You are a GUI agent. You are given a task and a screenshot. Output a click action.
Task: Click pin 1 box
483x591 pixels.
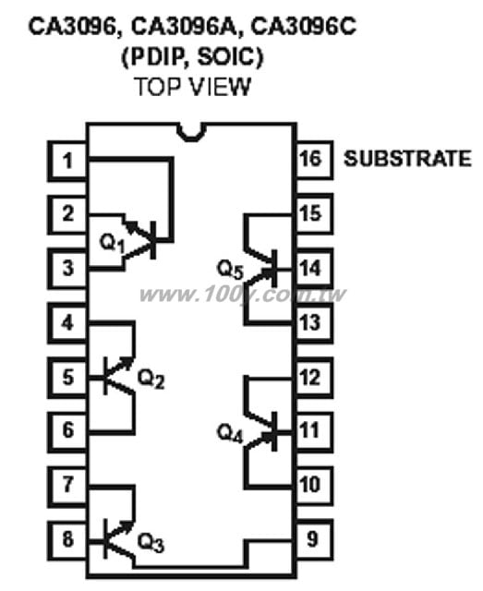point(67,161)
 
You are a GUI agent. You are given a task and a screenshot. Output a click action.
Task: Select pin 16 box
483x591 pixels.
point(314,160)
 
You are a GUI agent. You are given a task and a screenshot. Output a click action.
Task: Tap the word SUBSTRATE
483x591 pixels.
point(407,158)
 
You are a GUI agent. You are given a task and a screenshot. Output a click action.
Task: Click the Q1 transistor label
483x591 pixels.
point(112,243)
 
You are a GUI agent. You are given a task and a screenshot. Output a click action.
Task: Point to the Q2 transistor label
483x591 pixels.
point(151,378)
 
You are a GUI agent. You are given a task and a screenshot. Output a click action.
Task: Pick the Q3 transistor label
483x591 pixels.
point(151,543)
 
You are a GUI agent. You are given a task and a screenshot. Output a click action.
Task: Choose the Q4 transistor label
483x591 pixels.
point(230,433)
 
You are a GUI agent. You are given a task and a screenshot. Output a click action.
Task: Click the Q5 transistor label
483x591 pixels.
point(230,270)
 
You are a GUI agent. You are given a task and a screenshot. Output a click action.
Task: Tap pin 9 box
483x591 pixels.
point(314,539)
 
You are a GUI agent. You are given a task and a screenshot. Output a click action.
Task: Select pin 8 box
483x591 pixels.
point(67,539)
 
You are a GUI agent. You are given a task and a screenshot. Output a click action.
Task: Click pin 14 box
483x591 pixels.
point(314,269)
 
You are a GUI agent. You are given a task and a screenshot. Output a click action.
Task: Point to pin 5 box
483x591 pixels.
point(67,378)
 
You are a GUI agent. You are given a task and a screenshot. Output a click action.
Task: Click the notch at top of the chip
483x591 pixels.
point(192,134)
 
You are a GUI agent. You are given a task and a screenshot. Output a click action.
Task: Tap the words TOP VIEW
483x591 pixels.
point(193,86)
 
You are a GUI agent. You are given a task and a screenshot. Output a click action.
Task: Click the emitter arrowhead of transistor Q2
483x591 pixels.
point(127,362)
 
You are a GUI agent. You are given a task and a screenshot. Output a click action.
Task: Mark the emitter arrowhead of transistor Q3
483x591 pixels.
point(127,526)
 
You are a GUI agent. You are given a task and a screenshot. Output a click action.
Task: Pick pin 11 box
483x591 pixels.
point(314,431)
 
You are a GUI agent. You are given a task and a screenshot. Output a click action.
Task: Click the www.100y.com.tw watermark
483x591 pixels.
point(242,294)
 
